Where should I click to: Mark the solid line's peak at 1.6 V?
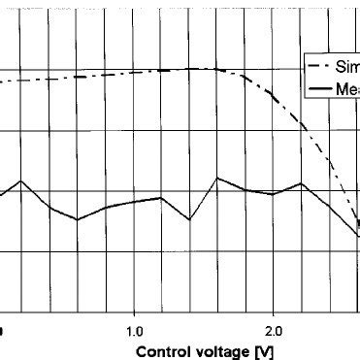[x=217, y=178]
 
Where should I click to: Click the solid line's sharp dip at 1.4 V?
[x=189, y=219]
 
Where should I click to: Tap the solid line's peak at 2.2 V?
[x=302, y=182]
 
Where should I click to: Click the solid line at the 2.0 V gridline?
[x=274, y=194]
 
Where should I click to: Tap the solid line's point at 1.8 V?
[x=245, y=190]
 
